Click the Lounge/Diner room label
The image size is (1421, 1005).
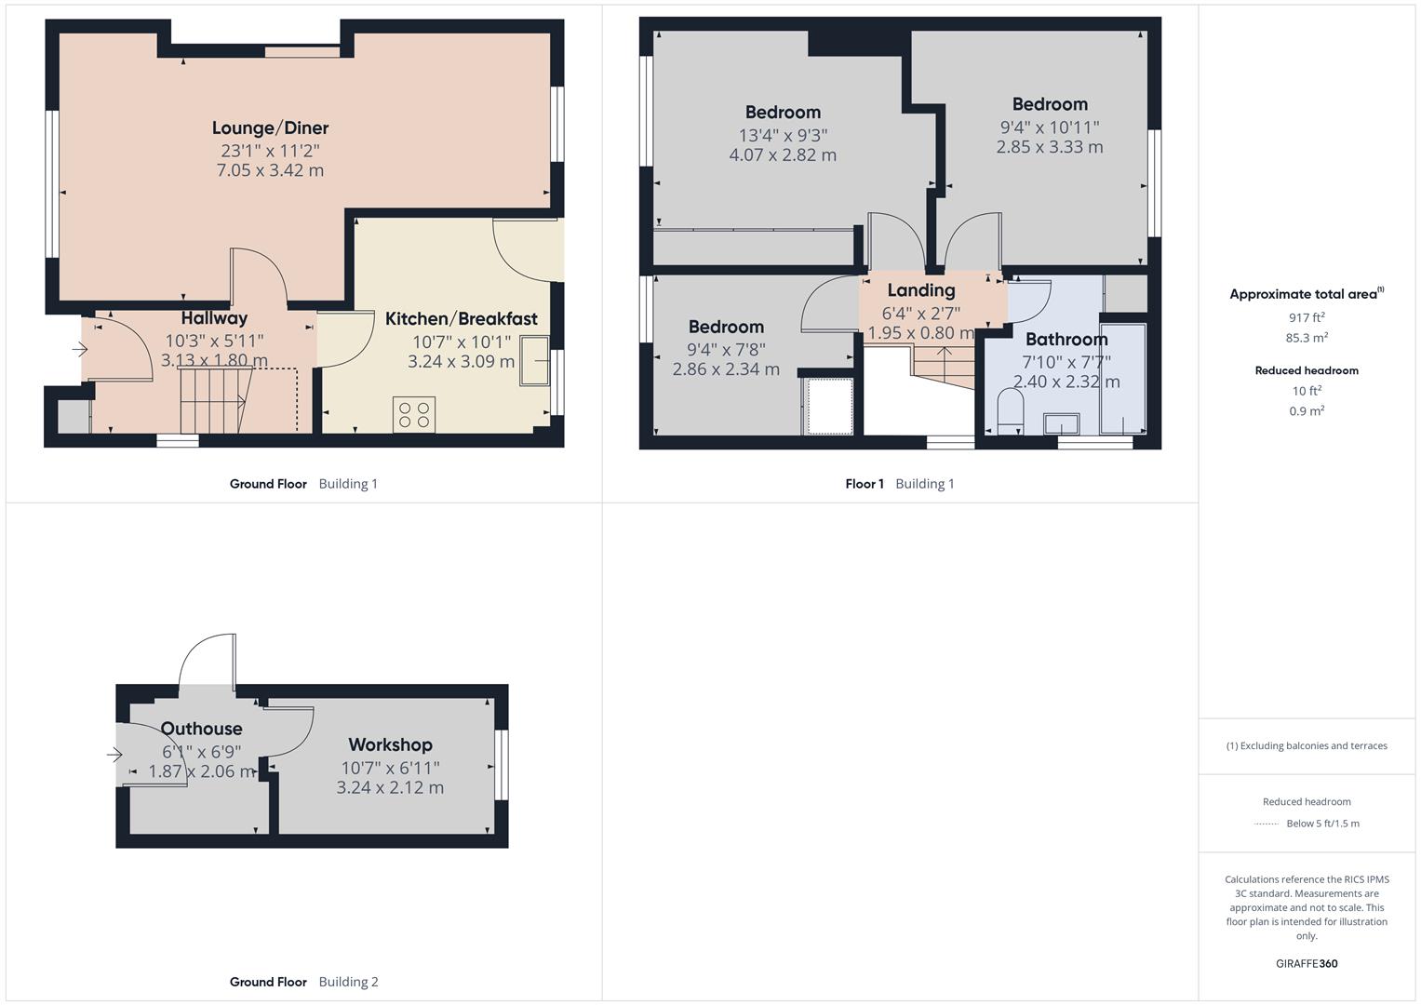click(270, 128)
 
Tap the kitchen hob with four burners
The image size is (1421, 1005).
click(414, 414)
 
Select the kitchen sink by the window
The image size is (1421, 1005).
click(534, 361)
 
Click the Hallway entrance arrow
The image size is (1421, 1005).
click(80, 350)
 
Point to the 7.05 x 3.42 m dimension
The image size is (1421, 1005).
click(270, 170)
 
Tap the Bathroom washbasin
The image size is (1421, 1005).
click(1061, 423)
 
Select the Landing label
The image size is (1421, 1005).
click(920, 290)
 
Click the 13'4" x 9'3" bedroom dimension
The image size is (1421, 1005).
click(783, 135)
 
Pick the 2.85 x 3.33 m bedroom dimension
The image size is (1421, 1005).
click(1050, 147)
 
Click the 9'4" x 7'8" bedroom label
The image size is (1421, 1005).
click(726, 349)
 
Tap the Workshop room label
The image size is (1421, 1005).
click(390, 744)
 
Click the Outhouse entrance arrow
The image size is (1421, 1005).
click(114, 754)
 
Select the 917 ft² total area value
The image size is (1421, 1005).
click(1307, 317)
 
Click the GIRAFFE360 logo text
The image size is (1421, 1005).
click(1307, 963)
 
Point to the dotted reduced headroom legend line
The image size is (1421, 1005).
click(1267, 824)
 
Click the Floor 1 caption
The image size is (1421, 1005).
click(865, 484)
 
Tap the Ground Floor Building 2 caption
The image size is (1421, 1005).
click(303, 982)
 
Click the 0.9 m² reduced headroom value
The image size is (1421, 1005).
click(1307, 410)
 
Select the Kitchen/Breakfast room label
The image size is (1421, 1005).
click(461, 319)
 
